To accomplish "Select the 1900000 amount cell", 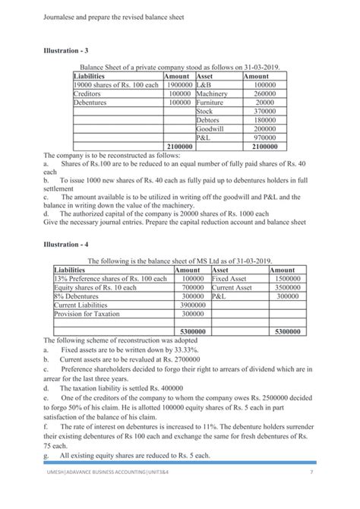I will click(x=179, y=85).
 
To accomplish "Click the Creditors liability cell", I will click(x=90, y=93).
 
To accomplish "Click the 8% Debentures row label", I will click(x=79, y=296).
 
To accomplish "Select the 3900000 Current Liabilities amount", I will click(x=191, y=305).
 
